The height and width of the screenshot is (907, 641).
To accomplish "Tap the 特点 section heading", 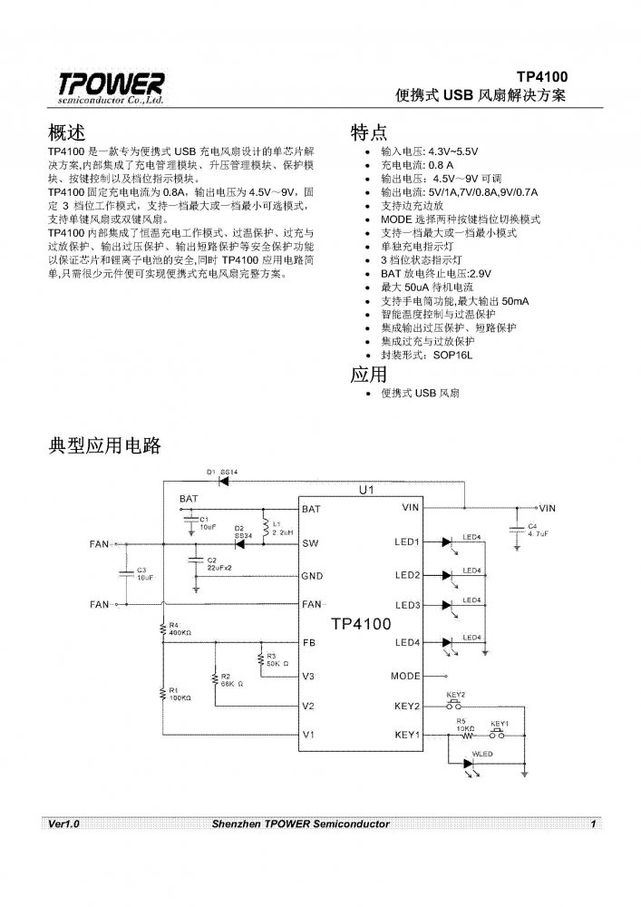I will [x=369, y=132].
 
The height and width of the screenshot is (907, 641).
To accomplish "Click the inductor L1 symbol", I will [x=263, y=526].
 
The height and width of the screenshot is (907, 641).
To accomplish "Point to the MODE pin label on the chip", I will [x=405, y=677].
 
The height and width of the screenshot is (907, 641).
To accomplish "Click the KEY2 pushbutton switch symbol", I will [x=455, y=705].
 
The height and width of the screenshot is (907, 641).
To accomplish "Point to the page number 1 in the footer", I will [x=592, y=824].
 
